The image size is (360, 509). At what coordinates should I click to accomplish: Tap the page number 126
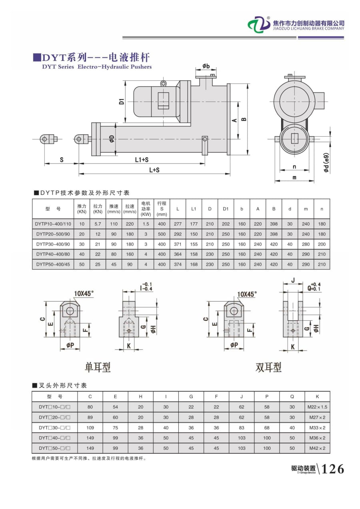332,468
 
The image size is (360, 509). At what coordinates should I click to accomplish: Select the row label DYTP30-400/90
53,244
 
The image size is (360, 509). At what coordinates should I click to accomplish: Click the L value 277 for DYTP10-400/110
178,224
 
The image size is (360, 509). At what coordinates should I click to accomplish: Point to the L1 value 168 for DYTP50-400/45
194,264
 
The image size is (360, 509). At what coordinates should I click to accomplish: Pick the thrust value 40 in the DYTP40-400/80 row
82,254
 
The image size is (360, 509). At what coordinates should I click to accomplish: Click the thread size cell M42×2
317,448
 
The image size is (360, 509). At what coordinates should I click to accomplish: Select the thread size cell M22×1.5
317,407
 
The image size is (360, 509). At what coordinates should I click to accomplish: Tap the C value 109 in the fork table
90,427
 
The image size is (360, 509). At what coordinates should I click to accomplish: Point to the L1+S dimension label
142,160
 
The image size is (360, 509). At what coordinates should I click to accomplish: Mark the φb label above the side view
206,66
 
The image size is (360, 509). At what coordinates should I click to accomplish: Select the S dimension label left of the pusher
62,160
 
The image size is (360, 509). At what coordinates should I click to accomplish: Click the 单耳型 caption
98,367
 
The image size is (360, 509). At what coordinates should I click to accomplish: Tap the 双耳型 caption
268,367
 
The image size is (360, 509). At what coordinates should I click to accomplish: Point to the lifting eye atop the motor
163,83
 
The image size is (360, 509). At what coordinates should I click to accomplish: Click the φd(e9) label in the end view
327,163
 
